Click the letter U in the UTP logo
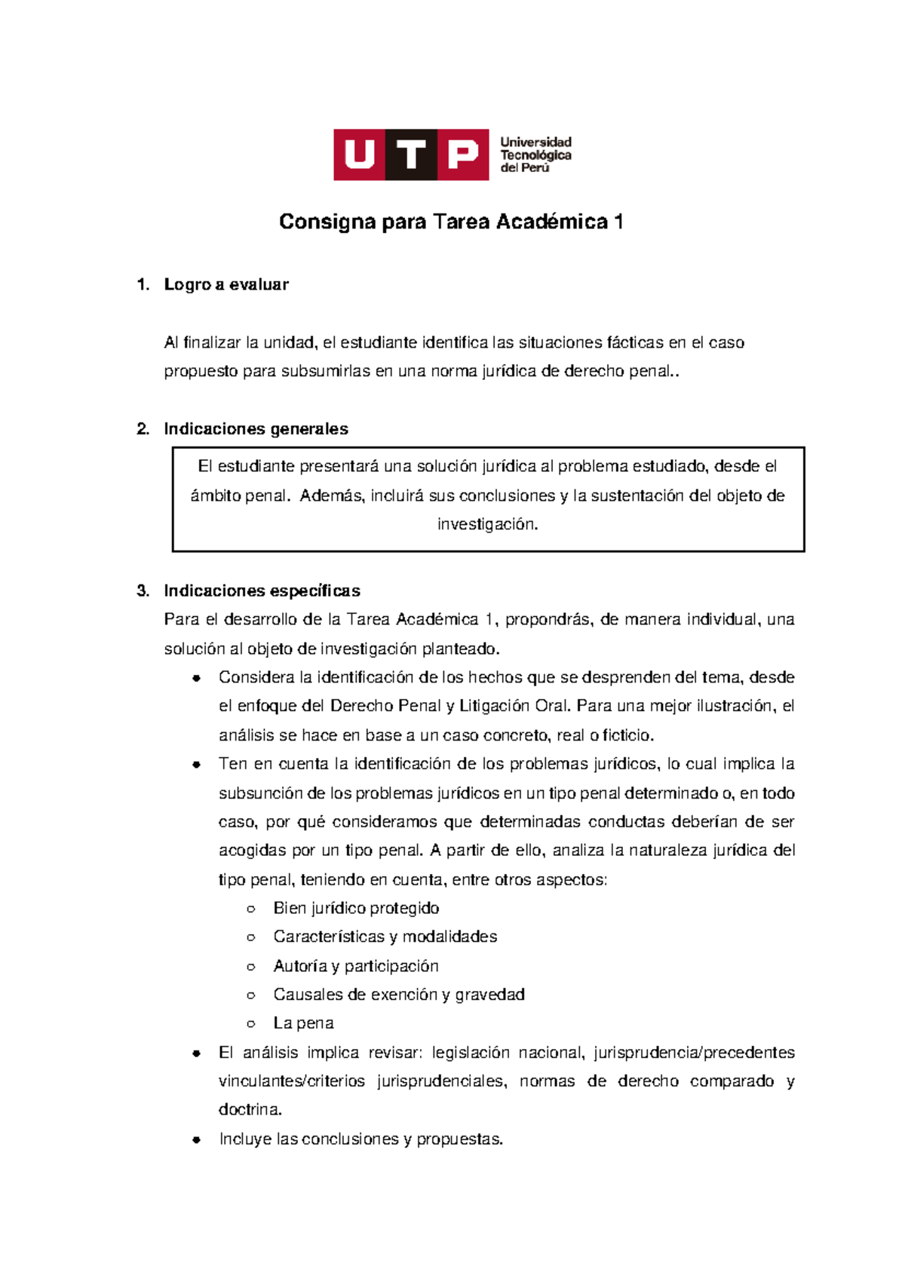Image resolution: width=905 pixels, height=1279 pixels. click(360, 155)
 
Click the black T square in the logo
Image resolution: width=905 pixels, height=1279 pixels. click(411, 155)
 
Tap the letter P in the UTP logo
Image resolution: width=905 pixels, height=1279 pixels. click(463, 155)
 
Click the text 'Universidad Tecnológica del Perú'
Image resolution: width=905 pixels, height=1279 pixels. click(535, 155)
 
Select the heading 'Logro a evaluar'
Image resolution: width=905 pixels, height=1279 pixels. click(226, 284)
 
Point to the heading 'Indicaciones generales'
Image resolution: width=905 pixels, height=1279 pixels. click(256, 429)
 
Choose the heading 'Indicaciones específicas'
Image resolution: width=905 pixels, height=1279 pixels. click(262, 590)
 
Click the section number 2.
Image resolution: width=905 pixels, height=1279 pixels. click(142, 429)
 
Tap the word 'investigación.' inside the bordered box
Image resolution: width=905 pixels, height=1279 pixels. click(488, 524)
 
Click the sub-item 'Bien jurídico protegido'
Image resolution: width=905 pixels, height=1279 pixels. click(356, 908)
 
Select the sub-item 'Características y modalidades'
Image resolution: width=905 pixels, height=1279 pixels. click(385, 937)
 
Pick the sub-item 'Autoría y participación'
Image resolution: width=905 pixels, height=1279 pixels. click(355, 966)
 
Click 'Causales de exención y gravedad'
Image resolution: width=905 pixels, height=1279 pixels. click(398, 995)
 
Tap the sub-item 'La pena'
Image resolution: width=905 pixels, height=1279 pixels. click(303, 1023)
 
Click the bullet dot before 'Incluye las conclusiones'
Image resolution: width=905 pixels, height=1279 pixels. click(196, 1139)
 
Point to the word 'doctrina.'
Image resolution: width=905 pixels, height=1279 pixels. click(250, 1110)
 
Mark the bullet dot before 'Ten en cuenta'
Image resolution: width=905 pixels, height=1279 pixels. click(196, 764)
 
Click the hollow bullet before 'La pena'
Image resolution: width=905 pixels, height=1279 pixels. click(251, 1024)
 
